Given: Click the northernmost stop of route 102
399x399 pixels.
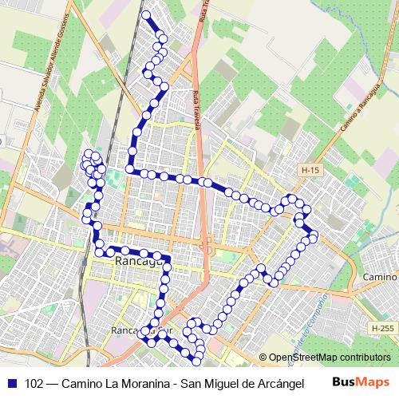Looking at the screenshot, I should (x=145, y=15).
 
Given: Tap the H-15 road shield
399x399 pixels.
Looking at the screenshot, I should (x=310, y=170).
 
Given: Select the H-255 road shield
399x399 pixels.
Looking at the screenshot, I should (x=381, y=328).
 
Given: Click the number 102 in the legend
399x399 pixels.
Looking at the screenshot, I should (x=35, y=381).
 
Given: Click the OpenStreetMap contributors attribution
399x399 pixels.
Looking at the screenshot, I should (x=330, y=357).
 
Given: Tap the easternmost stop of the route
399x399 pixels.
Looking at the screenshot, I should (x=314, y=235).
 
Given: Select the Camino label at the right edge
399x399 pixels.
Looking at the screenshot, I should (x=380, y=276).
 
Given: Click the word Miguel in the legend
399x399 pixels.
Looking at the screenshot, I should (x=222, y=381).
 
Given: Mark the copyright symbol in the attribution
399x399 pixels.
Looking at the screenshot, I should (x=263, y=357).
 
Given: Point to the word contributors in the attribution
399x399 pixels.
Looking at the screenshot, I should (x=364, y=357).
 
